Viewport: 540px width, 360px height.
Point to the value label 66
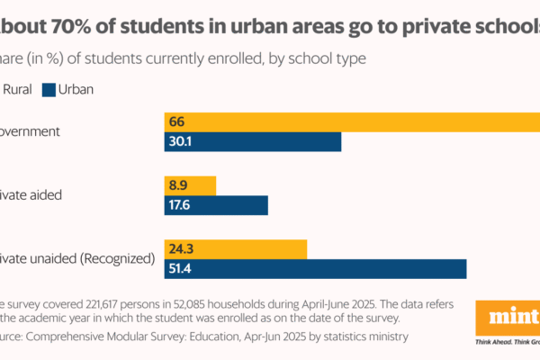click(176, 122)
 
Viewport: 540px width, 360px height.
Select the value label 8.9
click(177, 185)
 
